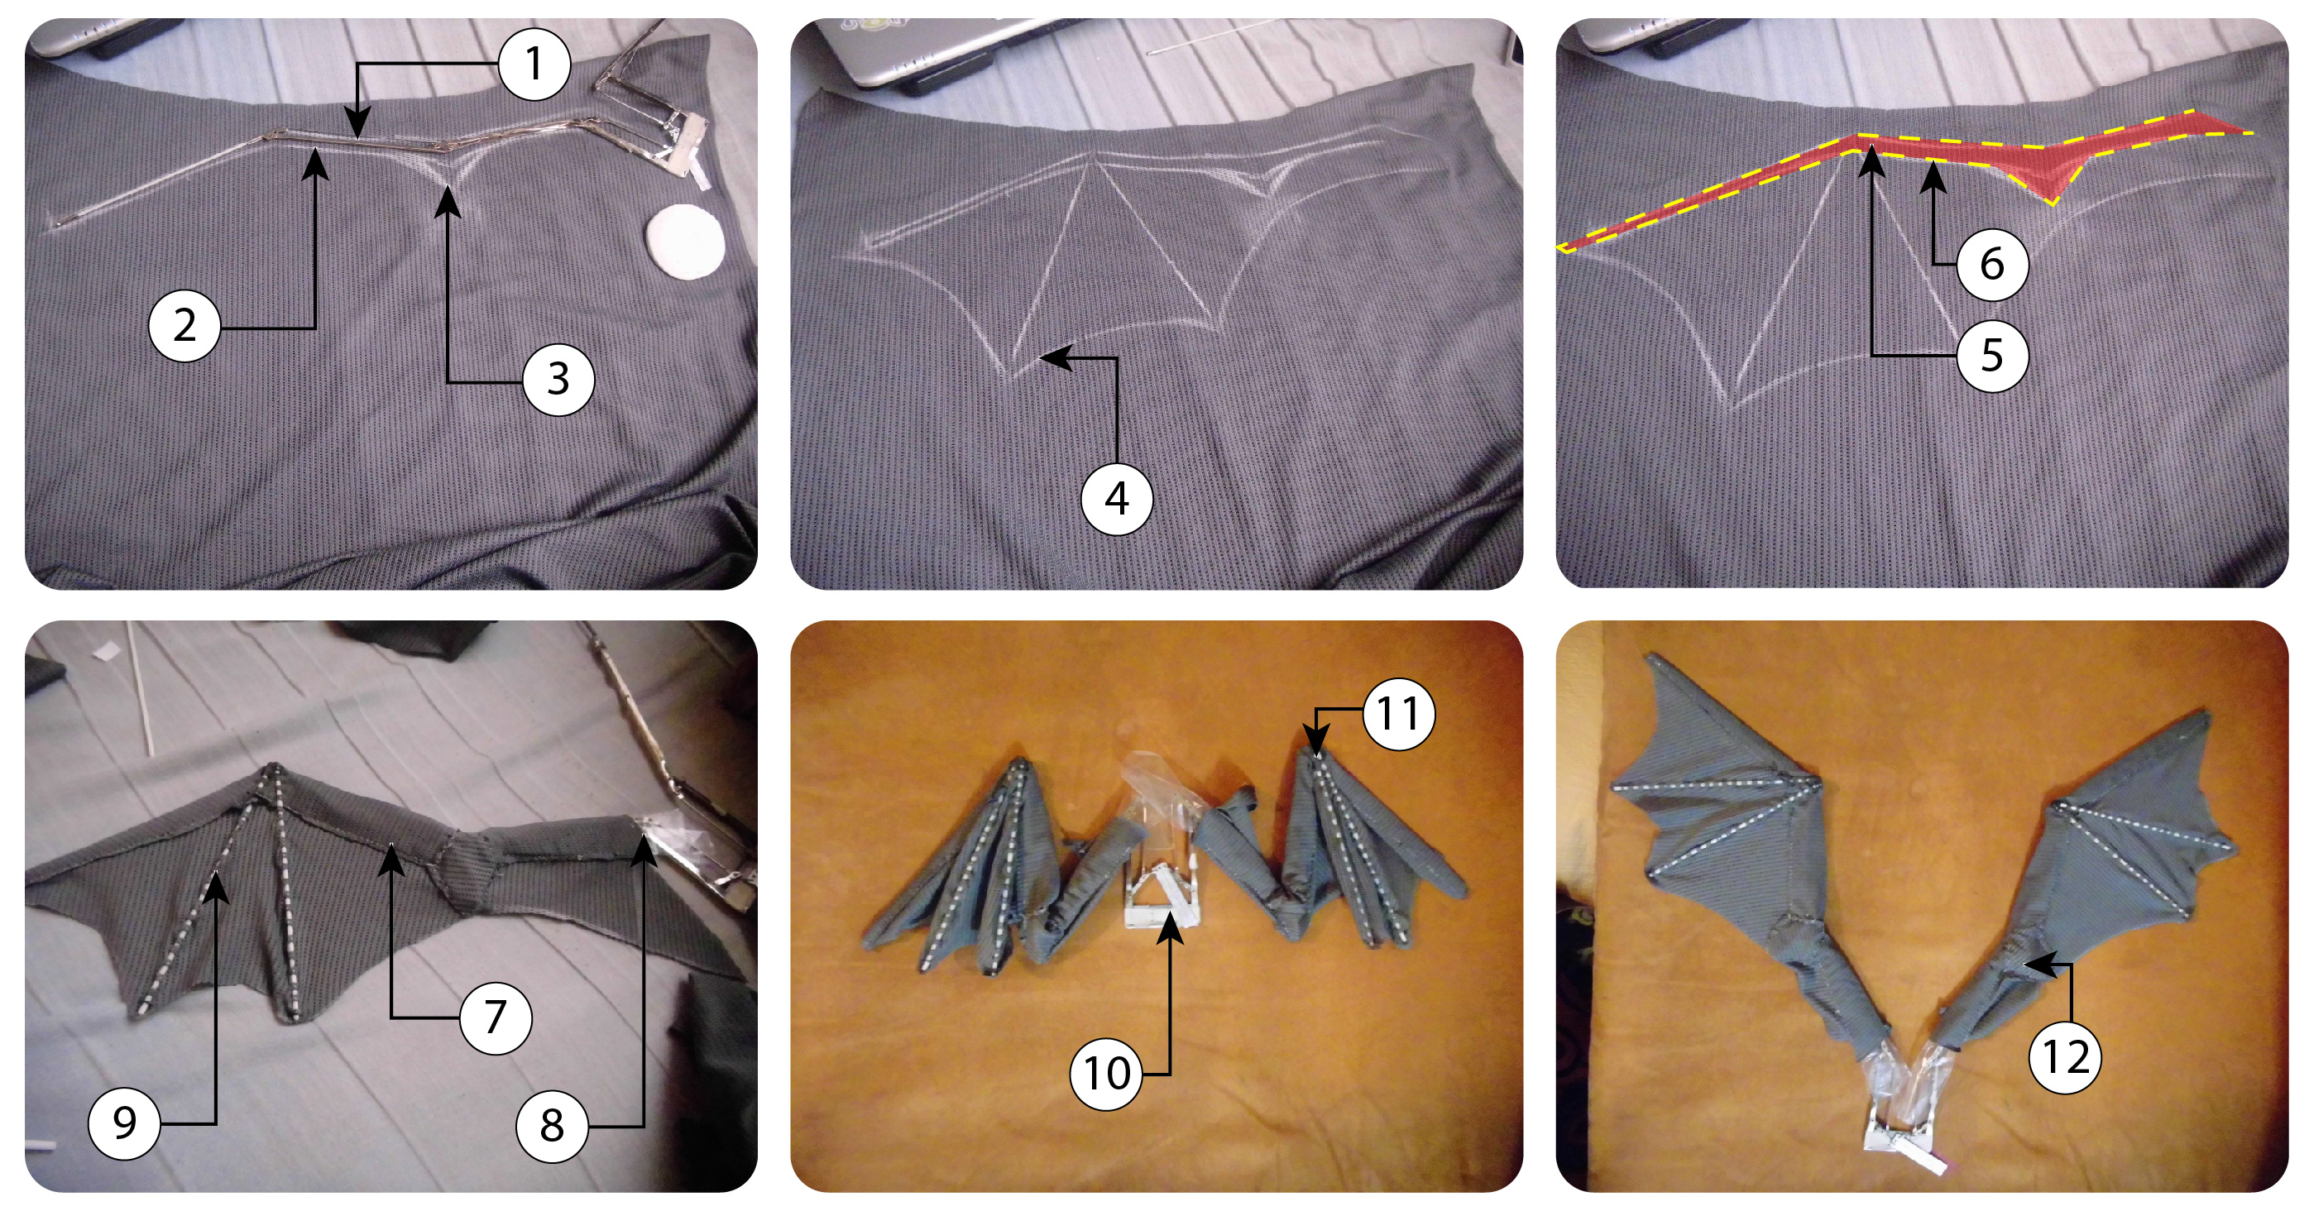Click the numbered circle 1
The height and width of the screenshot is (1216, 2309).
[534, 65]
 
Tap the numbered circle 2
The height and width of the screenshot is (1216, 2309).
[184, 326]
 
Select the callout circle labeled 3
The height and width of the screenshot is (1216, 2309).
[558, 380]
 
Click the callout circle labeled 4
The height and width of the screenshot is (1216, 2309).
[1116, 499]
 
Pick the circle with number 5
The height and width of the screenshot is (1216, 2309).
[1990, 356]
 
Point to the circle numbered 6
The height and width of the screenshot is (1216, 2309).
[1990, 265]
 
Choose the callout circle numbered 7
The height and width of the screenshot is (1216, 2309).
[495, 1018]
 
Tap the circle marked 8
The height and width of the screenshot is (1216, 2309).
[551, 1126]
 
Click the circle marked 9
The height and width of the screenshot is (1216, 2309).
[124, 1123]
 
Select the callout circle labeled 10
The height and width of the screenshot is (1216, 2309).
[1106, 1074]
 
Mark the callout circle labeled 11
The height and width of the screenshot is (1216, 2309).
[1397, 714]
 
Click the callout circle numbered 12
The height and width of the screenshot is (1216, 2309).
[2064, 1058]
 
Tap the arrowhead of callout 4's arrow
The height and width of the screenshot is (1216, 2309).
[1045, 357]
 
